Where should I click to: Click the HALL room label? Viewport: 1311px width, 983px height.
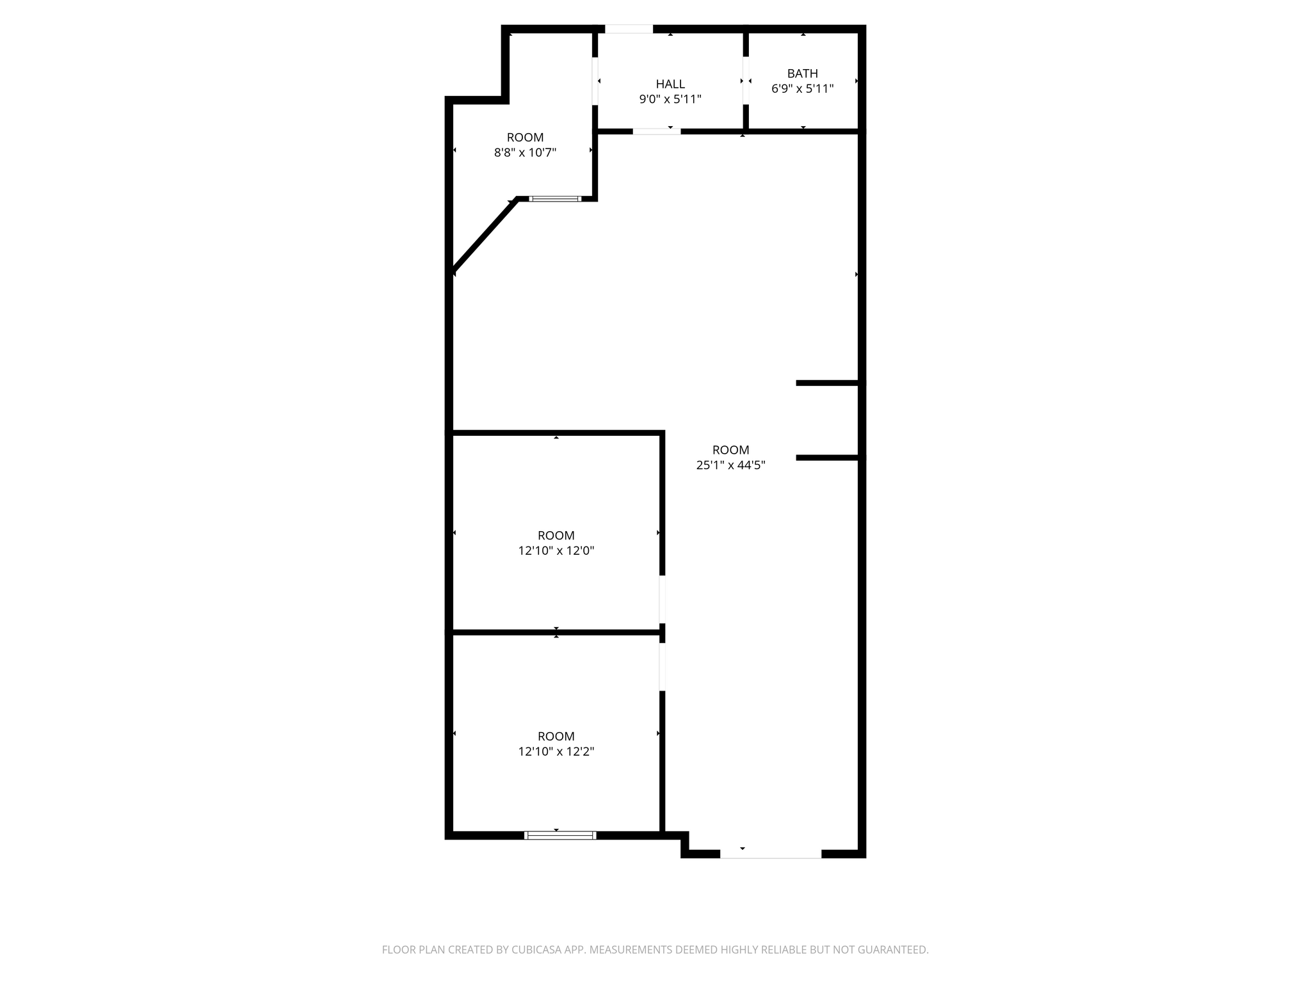(670, 84)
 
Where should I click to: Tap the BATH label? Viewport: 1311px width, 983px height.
(803, 74)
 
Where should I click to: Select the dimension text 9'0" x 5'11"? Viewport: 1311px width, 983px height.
(670, 99)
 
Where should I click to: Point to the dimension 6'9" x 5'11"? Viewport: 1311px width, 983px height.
(803, 89)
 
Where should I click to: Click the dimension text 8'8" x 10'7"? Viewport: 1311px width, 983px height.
(525, 152)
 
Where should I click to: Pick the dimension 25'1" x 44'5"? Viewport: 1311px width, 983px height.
(730, 465)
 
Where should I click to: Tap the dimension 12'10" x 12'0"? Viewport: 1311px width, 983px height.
(556, 550)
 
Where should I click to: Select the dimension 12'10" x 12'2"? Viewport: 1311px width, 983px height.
(556, 751)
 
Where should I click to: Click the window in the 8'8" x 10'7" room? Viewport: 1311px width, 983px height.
(555, 199)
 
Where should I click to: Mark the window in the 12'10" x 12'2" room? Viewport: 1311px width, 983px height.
(560, 835)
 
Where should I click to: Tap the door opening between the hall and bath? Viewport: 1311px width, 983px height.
(746, 81)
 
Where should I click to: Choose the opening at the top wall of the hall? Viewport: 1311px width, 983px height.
(629, 29)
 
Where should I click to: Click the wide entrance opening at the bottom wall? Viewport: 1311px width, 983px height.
(771, 854)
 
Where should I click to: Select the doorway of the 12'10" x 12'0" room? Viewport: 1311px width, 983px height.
(663, 600)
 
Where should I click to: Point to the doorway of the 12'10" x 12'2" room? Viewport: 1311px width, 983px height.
(663, 667)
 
